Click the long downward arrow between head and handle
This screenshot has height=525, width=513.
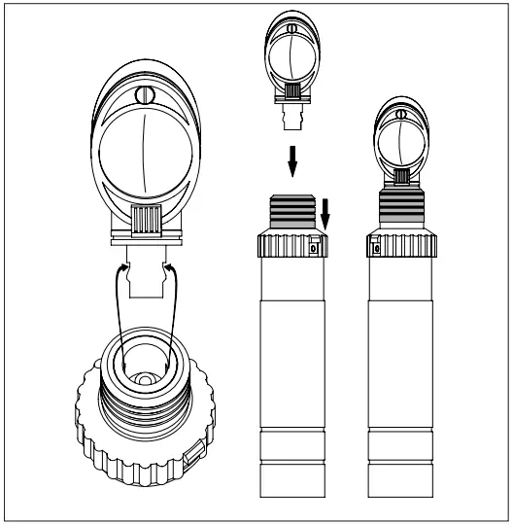point(291,157)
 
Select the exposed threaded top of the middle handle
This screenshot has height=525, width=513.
point(291,212)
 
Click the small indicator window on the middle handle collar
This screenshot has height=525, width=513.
point(313,248)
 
